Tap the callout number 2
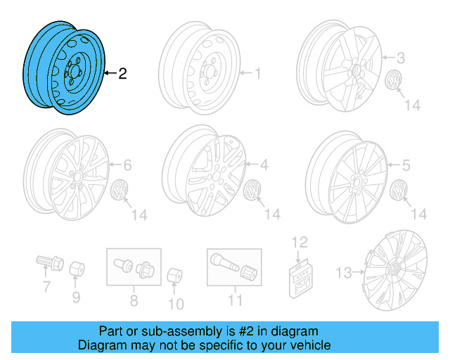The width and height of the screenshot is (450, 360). (x=122, y=73)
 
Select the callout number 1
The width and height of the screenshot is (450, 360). (x=257, y=72)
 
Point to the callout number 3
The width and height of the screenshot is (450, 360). (x=401, y=58)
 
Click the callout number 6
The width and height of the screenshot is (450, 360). (x=127, y=166)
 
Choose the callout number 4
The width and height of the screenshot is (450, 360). (x=264, y=166)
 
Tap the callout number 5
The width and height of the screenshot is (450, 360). (x=406, y=166)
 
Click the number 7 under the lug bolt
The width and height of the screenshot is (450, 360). (x=46, y=286)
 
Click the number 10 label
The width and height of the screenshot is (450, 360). (x=176, y=304)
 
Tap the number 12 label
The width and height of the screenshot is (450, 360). (x=300, y=243)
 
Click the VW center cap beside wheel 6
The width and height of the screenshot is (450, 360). (x=120, y=189)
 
